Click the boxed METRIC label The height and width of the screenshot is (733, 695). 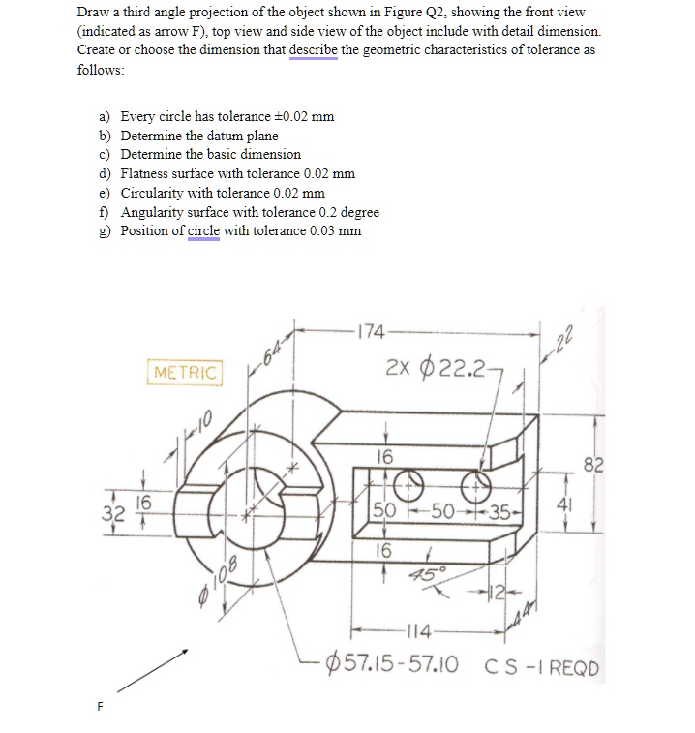pyautogui.click(x=185, y=372)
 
